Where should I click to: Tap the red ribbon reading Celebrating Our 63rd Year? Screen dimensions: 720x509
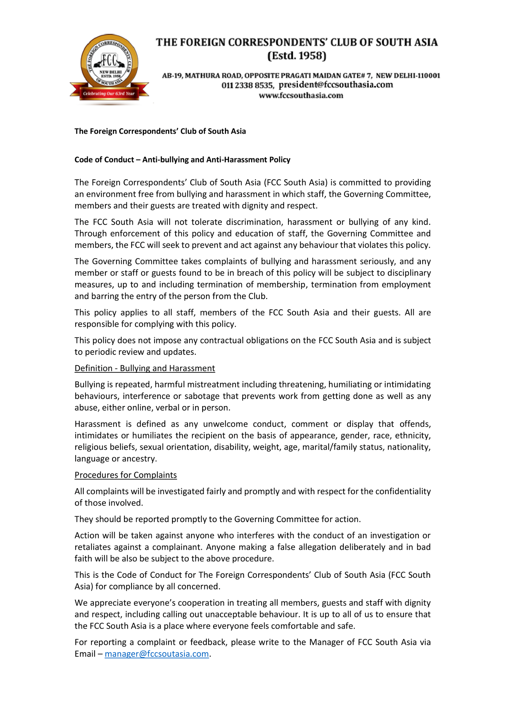pyautogui.click(x=109, y=94)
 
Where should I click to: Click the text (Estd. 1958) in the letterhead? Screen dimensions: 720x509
pyautogui.click(x=296, y=56)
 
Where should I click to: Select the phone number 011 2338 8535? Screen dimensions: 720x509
pyautogui.click(x=247, y=85)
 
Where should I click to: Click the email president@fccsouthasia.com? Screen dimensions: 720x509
pyautogui.click(x=336, y=85)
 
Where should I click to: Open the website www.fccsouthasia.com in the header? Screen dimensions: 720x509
pyautogui.click(x=301, y=95)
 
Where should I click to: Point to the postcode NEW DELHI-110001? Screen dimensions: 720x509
pyautogui.click(x=408, y=76)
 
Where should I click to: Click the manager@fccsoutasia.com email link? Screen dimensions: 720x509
pyautogui.click(x=157, y=654)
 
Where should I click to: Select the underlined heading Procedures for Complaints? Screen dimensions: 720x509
pyautogui.click(x=125, y=475)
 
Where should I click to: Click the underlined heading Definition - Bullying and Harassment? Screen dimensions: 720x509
pyautogui.click(x=145, y=368)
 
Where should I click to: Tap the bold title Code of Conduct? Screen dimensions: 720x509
pyautogui.click(x=104, y=160)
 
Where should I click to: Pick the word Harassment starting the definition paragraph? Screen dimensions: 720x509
pyautogui.click(x=97, y=424)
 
